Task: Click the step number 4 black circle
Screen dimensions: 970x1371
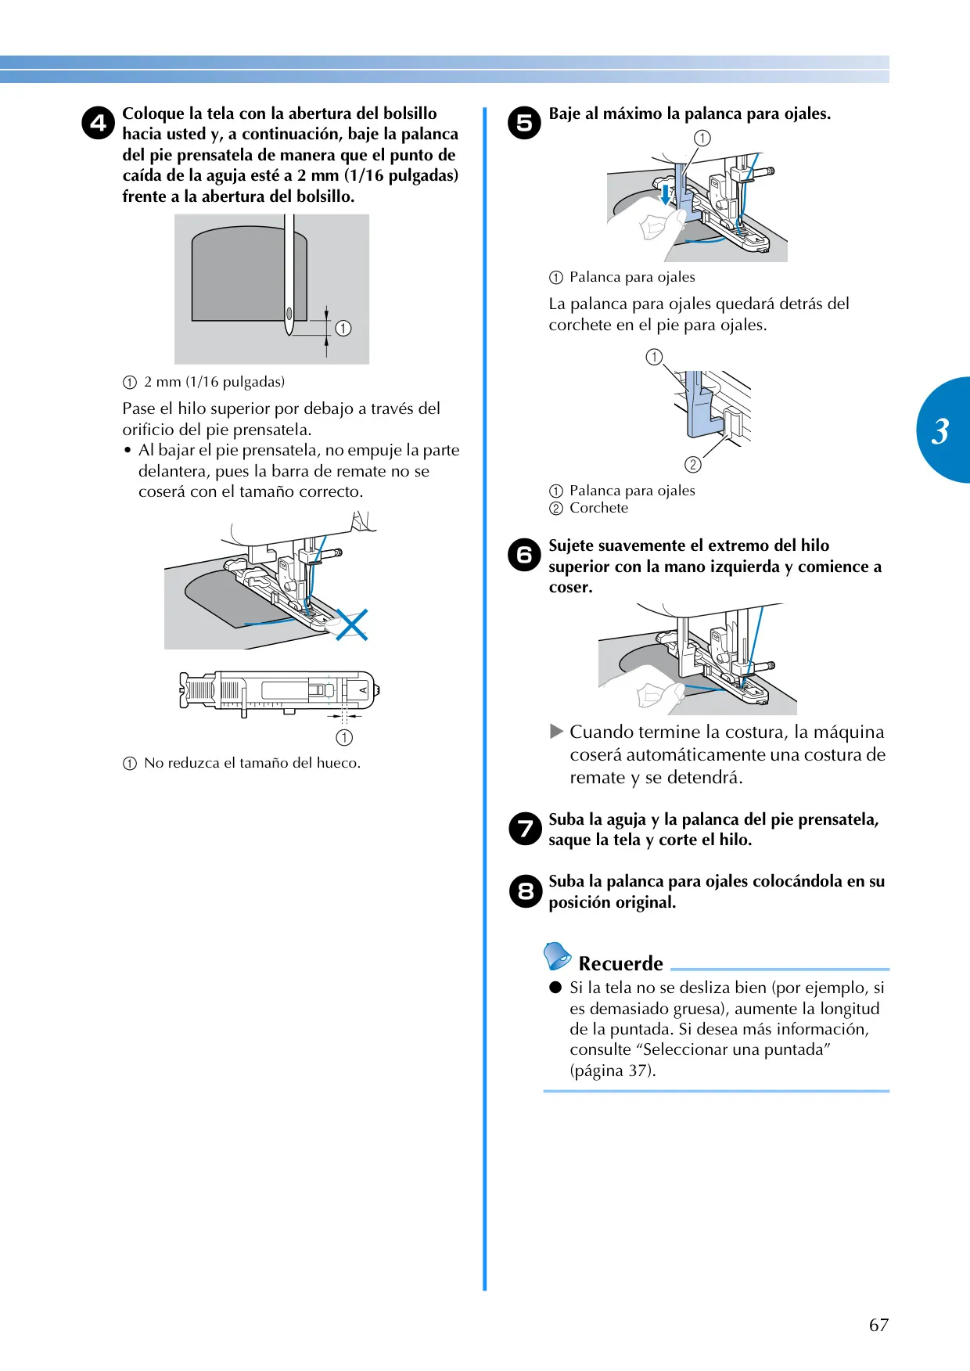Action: (x=98, y=123)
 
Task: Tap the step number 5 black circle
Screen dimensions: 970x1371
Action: (x=524, y=123)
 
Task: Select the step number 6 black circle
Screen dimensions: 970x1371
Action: (x=524, y=555)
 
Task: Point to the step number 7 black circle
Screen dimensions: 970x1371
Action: (x=524, y=829)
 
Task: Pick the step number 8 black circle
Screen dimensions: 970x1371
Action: (x=524, y=891)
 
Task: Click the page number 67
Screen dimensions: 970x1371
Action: (x=878, y=1325)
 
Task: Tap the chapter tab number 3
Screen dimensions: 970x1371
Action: (x=940, y=431)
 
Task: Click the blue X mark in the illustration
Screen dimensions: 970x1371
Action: (x=351, y=624)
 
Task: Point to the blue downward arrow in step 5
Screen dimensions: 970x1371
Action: (x=665, y=193)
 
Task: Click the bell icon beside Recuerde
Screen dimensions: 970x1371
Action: (x=557, y=955)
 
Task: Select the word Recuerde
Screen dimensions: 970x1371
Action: (x=620, y=963)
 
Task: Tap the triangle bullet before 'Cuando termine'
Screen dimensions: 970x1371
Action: (x=556, y=732)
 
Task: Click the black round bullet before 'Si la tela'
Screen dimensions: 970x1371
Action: (x=555, y=988)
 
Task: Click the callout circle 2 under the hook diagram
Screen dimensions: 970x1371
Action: (x=692, y=465)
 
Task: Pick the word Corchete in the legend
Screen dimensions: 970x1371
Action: (x=598, y=508)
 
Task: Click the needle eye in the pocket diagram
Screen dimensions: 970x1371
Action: (x=289, y=315)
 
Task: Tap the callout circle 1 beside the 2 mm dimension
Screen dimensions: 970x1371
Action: (x=343, y=329)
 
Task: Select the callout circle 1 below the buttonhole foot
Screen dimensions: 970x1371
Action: (x=344, y=737)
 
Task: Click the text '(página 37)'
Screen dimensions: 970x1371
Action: (x=613, y=1071)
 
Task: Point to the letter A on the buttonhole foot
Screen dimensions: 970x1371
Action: (x=363, y=690)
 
